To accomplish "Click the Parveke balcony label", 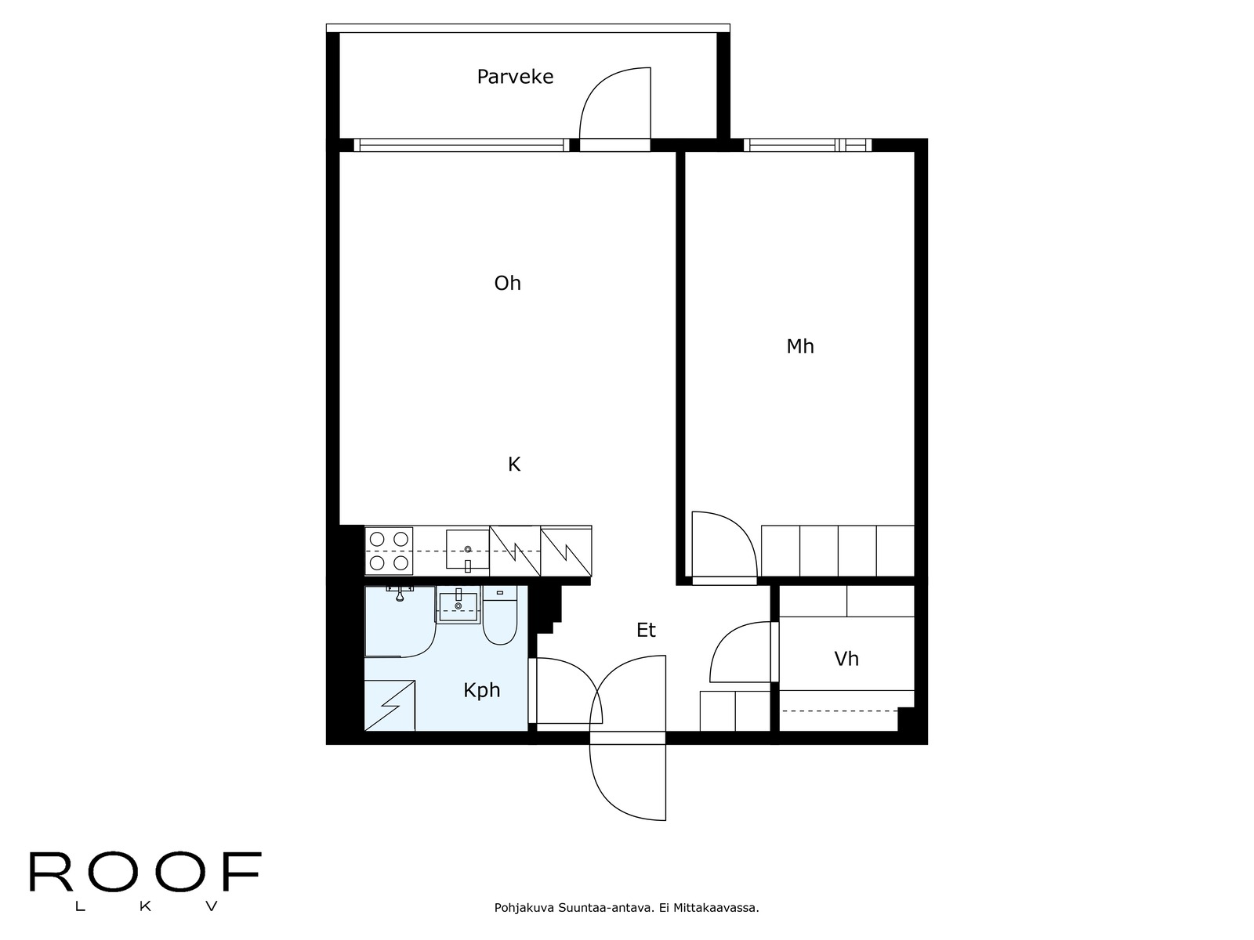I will [515, 77].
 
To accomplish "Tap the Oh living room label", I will [507, 283].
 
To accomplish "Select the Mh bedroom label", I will [800, 346].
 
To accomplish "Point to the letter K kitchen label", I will [514, 465].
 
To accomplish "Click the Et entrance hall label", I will [646, 630].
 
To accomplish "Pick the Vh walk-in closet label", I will [846, 659].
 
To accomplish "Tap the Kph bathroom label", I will [481, 690].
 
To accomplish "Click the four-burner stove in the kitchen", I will [390, 551].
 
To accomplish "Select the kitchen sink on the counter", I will [467, 550].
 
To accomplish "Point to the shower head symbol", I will [400, 593].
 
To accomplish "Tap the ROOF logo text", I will [145, 873].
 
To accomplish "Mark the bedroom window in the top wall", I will [807, 145].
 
